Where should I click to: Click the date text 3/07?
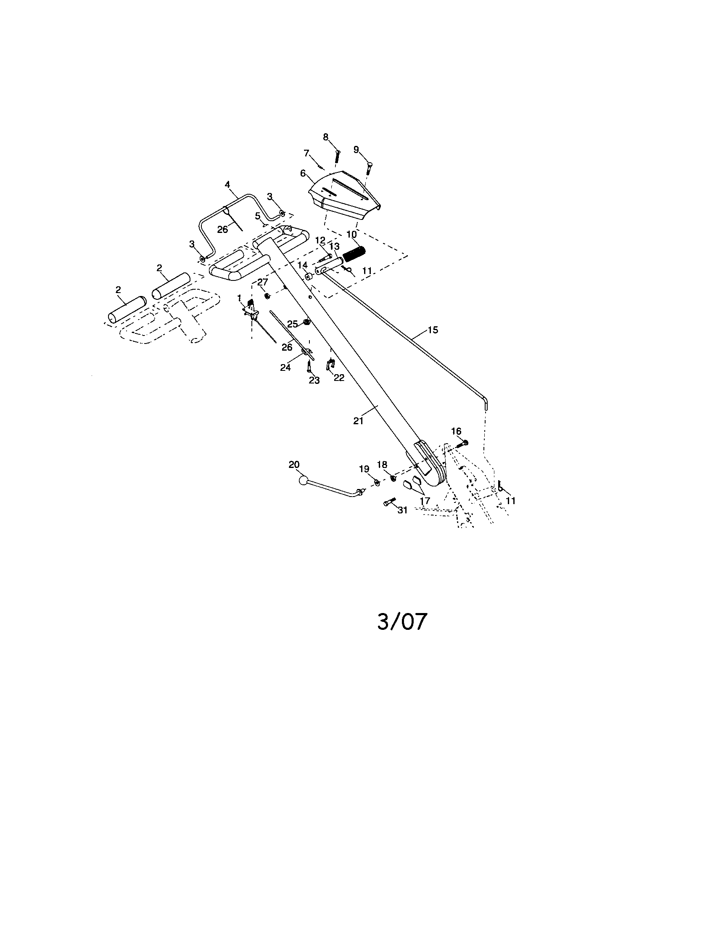click(x=402, y=622)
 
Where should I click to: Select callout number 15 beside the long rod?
click(x=433, y=330)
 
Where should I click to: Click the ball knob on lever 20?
click(x=303, y=480)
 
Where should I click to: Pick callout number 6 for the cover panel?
click(x=303, y=173)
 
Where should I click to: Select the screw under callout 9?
click(x=369, y=169)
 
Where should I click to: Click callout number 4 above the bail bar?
click(x=227, y=185)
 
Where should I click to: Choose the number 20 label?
click(x=294, y=465)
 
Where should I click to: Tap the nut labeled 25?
click(x=306, y=323)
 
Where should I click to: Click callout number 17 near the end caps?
click(x=425, y=501)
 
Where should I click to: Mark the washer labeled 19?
click(x=376, y=482)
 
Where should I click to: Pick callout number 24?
click(x=285, y=367)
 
